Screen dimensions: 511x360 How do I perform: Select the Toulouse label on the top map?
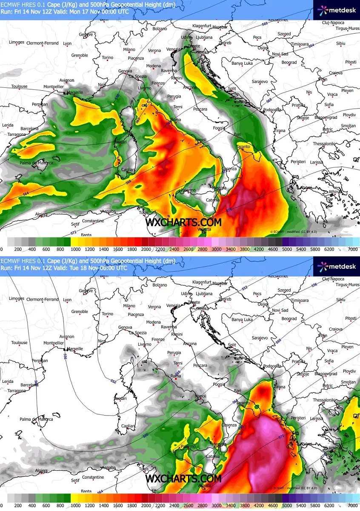19,86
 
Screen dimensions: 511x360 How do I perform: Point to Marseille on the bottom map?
75,348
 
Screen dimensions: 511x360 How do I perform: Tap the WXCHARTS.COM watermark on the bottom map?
183,478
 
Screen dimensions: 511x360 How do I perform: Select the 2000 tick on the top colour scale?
146,249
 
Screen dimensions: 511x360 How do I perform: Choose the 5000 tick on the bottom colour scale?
286,505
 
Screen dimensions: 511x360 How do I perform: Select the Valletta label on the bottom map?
205,485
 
